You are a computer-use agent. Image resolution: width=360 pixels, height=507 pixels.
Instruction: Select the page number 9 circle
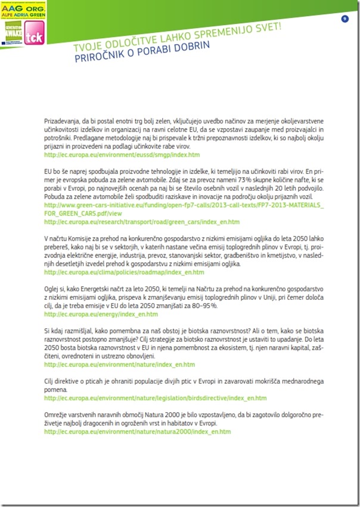point(345,19)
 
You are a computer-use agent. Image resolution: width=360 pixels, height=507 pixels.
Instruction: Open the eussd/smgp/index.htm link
point(122,154)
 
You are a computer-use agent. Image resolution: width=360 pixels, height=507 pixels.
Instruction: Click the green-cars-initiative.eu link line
point(185,205)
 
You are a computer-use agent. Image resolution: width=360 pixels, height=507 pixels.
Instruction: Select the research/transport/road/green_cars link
point(142,221)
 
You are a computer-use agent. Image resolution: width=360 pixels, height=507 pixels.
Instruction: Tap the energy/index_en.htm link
point(101,314)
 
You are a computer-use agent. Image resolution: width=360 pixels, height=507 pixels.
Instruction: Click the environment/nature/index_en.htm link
point(119,364)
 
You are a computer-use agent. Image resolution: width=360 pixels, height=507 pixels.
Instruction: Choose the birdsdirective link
point(155,397)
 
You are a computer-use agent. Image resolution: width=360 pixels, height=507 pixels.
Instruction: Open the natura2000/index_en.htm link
point(137,431)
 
